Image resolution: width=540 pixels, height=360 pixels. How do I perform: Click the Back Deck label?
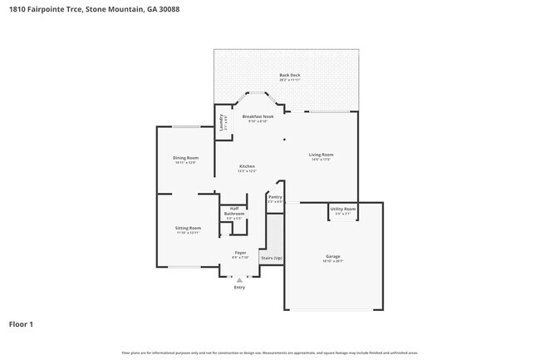pyautogui.click(x=289, y=76)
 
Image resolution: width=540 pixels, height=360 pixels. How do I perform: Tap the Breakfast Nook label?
pyautogui.click(x=258, y=117)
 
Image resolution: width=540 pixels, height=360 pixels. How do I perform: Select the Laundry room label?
pyautogui.click(x=222, y=122)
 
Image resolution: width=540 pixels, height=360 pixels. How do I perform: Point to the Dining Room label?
pyautogui.click(x=185, y=158)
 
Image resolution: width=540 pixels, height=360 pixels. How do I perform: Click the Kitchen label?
pyautogui.click(x=248, y=166)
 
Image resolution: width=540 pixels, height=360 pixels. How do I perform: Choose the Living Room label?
pyautogui.click(x=321, y=155)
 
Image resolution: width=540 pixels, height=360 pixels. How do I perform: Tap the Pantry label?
pyautogui.click(x=275, y=197)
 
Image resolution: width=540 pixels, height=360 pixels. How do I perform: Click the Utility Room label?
pyautogui.click(x=343, y=209)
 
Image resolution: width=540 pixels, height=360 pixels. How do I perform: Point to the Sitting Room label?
pyautogui.click(x=188, y=228)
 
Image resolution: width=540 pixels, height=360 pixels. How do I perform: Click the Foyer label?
pyautogui.click(x=240, y=252)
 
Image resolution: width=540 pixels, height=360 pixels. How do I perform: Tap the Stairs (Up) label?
pyautogui.click(x=272, y=259)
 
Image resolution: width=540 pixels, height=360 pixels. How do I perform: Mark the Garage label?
pyautogui.click(x=332, y=256)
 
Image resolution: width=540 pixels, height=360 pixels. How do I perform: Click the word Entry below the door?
pyautogui.click(x=239, y=288)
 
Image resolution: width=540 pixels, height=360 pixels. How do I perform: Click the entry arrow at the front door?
pyautogui.click(x=239, y=280)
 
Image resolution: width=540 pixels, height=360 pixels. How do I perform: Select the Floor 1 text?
pyautogui.click(x=22, y=324)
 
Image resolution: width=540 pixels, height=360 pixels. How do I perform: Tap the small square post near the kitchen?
pyautogui.click(x=284, y=139)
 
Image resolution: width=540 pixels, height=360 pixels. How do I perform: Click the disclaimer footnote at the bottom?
pyautogui.click(x=270, y=352)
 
